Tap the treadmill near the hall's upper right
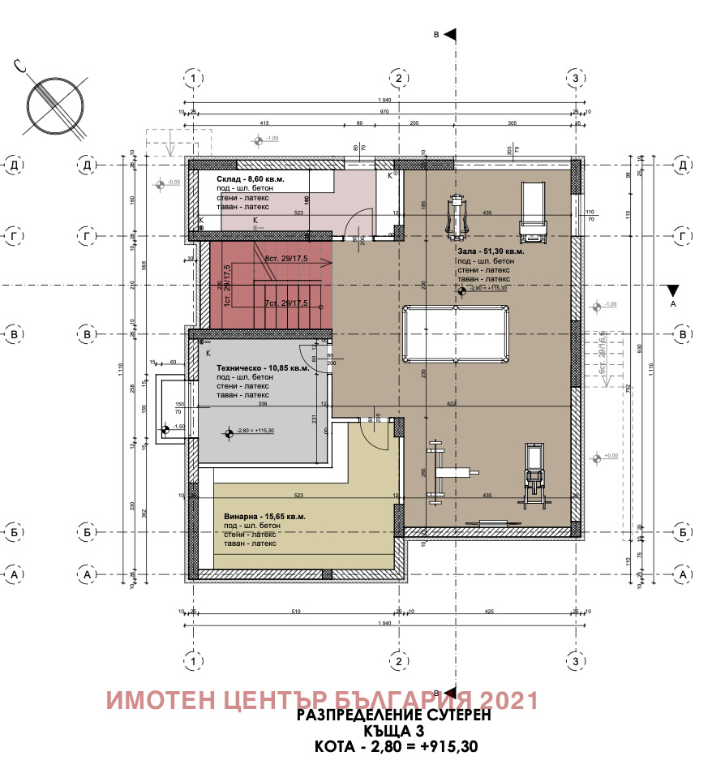[533, 213]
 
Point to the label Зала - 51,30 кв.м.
[490, 252]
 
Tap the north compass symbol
[54, 105]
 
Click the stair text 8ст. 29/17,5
[286, 258]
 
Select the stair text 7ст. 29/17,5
[286, 303]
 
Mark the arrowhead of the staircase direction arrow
[330, 262]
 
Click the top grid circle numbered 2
[398, 78]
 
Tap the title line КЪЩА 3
[395, 731]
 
